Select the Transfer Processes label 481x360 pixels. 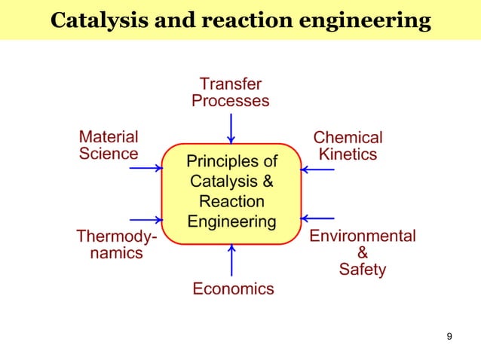[x=231, y=92]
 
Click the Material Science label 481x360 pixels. [x=109, y=145]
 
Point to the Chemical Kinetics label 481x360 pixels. [x=348, y=146]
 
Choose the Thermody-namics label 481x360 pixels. [x=117, y=245]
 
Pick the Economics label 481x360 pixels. [x=233, y=288]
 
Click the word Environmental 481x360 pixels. [x=362, y=236]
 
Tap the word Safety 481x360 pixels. [x=362, y=269]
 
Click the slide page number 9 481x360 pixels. [x=449, y=336]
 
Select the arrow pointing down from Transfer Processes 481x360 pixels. [x=231, y=127]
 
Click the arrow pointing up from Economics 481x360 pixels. [x=231, y=260]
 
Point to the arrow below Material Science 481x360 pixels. [x=146, y=167]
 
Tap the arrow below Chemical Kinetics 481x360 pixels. [x=318, y=169]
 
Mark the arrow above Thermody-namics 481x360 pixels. [x=146, y=220]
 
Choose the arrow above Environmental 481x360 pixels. [x=318, y=218]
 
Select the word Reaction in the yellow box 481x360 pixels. [x=231, y=202]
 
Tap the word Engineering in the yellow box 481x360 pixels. [x=231, y=221]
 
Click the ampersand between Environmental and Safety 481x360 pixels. [x=362, y=252]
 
